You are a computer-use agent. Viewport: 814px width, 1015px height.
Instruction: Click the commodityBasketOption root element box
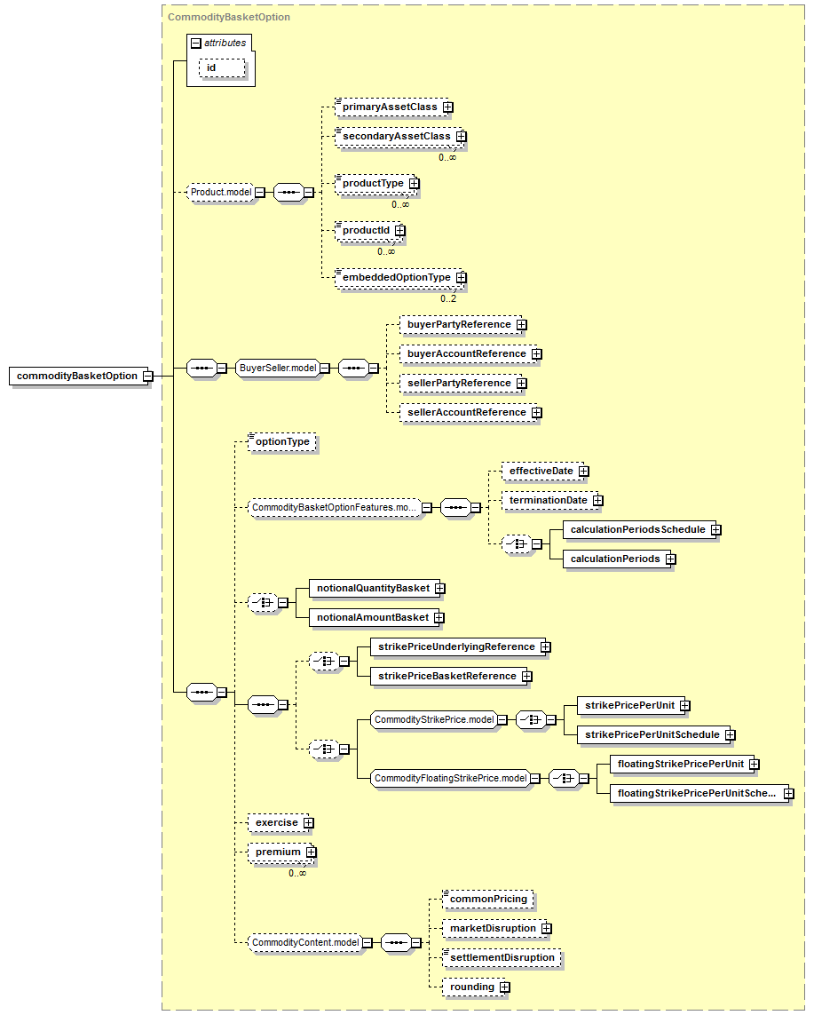click(x=76, y=377)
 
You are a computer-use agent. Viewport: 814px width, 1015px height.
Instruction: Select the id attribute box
click(x=222, y=68)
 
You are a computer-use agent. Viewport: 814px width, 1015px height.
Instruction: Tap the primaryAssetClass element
click(x=391, y=107)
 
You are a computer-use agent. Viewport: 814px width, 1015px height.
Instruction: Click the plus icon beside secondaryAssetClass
click(x=462, y=137)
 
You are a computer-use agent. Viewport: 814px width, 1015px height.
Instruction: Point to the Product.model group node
click(x=221, y=192)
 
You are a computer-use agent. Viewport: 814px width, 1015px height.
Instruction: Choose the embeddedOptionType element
click(x=398, y=278)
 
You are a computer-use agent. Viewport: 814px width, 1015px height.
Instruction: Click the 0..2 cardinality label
click(x=448, y=298)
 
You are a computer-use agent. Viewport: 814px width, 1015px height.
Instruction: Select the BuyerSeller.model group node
click(x=278, y=369)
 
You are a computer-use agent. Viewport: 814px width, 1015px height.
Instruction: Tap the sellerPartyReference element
click(x=460, y=384)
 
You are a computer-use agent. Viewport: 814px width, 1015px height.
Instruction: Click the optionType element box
click(x=282, y=442)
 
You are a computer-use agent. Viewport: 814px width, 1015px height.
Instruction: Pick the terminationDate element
click(x=549, y=500)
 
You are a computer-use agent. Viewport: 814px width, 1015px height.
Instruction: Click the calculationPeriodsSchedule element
click(x=638, y=529)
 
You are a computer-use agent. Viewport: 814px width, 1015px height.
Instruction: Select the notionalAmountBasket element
click(x=374, y=617)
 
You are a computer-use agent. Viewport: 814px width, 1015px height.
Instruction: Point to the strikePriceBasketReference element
click(x=447, y=676)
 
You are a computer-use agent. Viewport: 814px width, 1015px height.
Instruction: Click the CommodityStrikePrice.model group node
click(x=434, y=720)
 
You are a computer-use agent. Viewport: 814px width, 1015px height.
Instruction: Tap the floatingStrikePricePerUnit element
click(x=681, y=764)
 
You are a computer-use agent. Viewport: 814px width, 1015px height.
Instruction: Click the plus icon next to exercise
click(x=309, y=823)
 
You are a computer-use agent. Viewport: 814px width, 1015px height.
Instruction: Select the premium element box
click(x=279, y=852)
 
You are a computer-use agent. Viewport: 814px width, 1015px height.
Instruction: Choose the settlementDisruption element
click(x=502, y=958)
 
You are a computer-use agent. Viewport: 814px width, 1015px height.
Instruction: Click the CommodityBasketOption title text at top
click(x=229, y=17)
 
